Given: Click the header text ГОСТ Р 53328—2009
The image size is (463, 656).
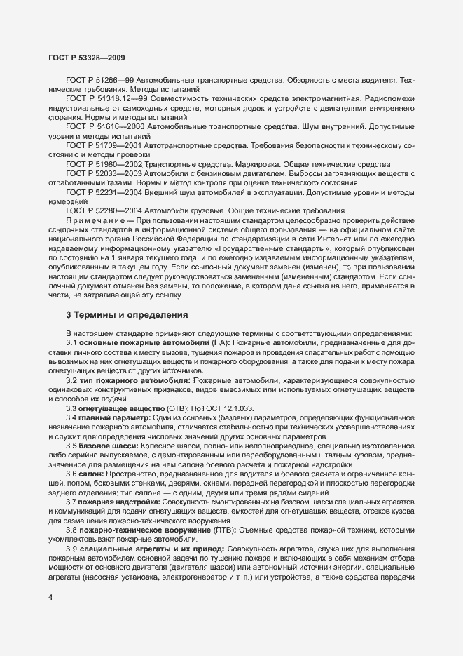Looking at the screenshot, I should click(x=86, y=55).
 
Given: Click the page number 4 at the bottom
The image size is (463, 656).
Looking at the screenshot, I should click(x=50, y=597).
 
